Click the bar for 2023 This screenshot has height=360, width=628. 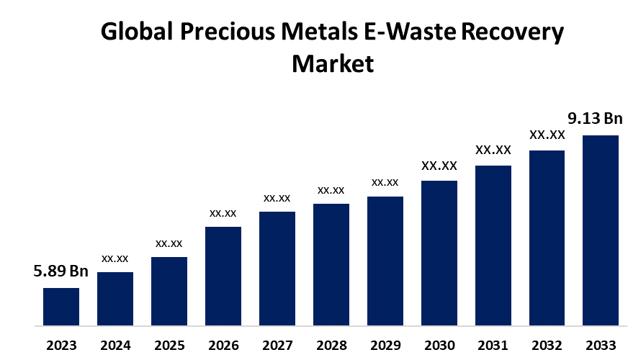point(61,307)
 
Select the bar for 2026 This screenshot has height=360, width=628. point(223,276)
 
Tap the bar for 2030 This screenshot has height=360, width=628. point(439,253)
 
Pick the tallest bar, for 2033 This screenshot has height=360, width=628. point(601,230)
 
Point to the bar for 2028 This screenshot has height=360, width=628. point(331,264)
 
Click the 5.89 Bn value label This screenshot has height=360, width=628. point(60,271)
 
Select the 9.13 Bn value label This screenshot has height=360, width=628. point(595,119)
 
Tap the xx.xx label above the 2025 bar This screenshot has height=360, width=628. point(169,243)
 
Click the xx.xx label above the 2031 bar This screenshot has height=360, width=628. point(493,150)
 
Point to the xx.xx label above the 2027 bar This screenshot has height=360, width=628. point(277,198)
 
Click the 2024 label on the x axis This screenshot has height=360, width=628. point(115,344)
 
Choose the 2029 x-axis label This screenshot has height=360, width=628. point(385,344)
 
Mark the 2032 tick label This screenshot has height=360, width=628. point(547,344)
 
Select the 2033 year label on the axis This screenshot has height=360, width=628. point(601,344)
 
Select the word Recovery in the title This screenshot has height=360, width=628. point(513,32)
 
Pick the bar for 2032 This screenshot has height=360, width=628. point(547,238)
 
